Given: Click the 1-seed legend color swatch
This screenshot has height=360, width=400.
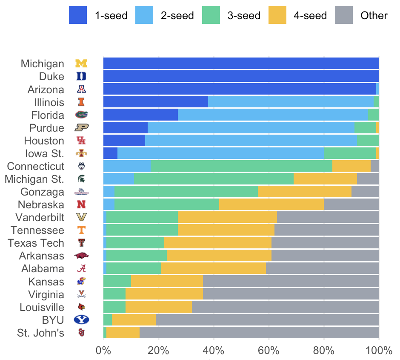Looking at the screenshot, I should (x=78, y=16).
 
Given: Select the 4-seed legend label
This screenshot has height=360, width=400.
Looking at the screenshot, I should (x=310, y=16).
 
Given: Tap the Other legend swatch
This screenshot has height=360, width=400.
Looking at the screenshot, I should (x=344, y=16).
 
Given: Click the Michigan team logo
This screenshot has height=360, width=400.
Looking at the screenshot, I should (x=81, y=64).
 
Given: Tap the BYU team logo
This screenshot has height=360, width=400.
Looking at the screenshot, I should (x=81, y=320).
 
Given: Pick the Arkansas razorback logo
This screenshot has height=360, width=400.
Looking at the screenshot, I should (x=81, y=256).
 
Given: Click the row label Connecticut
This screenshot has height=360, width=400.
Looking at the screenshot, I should (x=36, y=167).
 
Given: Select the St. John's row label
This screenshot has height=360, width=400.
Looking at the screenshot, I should (x=41, y=333).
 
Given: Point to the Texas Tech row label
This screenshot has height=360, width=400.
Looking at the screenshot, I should (x=36, y=243).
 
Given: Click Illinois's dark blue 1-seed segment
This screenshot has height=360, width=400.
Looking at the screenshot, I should (x=155, y=102).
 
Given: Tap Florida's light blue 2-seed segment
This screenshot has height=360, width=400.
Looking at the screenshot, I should (x=273, y=115).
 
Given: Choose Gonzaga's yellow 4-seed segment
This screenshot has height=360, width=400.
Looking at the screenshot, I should (x=305, y=192).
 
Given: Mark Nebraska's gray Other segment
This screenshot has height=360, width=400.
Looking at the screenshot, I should (x=351, y=205).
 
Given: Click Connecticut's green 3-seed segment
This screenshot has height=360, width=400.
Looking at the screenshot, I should (x=241, y=167).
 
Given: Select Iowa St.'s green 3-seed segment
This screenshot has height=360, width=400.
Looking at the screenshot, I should (x=350, y=153).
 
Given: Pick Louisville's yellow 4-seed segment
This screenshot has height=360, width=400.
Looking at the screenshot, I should (x=159, y=307).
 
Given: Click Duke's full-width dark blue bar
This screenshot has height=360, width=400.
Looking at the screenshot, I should (x=241, y=77).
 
